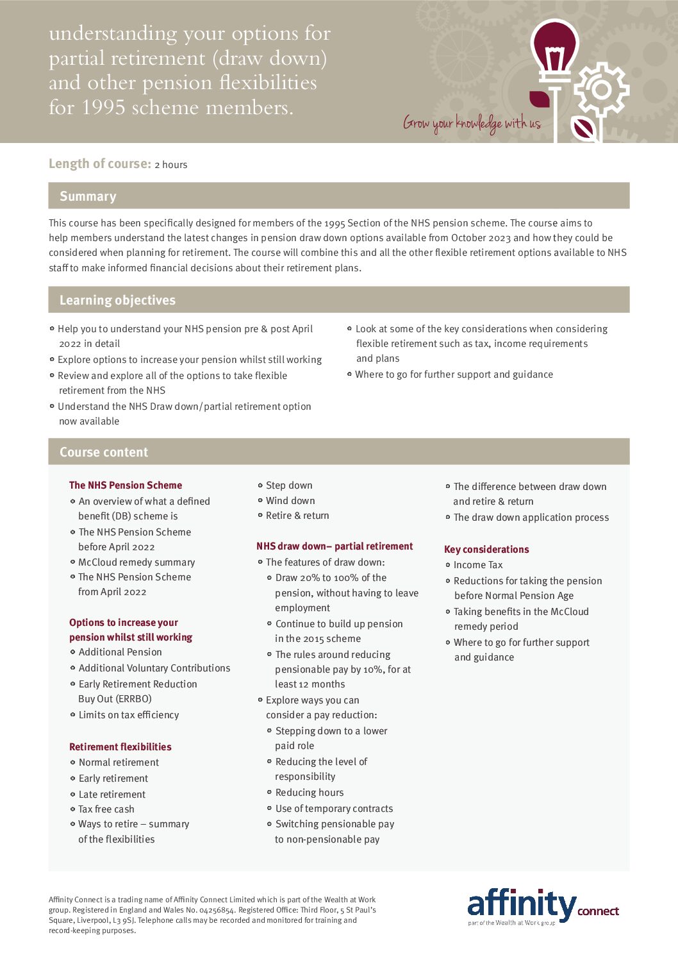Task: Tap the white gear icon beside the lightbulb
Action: coord(601,89)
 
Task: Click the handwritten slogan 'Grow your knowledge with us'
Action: coord(472,123)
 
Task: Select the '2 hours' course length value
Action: coord(171,165)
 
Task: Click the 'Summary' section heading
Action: coord(88,196)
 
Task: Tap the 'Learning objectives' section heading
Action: coord(117,300)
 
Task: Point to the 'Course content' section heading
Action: coord(104,452)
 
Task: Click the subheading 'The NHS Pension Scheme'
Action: coord(126,485)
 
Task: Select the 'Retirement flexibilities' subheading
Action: coord(120,747)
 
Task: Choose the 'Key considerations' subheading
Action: coord(486,550)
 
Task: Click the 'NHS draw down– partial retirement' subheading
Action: coord(335,546)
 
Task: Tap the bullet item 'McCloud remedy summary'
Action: coord(136,562)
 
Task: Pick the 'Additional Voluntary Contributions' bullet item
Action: coord(154,668)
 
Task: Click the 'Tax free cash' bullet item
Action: coord(106,809)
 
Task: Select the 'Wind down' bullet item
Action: coord(290,501)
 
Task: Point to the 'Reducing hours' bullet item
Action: coord(310,793)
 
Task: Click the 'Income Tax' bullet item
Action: coord(478,565)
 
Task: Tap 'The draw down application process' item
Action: coord(531,518)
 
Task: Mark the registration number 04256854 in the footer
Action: coord(217,910)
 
